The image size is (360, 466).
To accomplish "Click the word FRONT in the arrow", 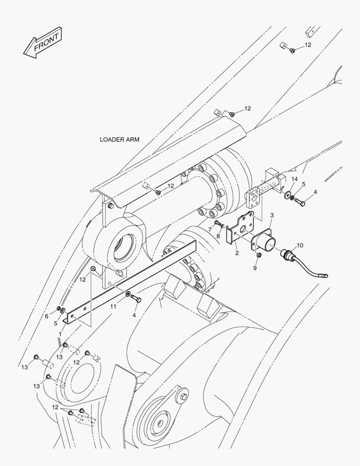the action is click(46, 42).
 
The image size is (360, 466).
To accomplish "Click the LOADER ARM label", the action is click(119, 139).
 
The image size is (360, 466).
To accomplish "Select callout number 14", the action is click(294, 179).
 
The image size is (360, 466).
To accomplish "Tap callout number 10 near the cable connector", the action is click(300, 245).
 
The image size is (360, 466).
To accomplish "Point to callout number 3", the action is click(272, 215).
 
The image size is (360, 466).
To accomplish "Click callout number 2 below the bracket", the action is click(237, 253).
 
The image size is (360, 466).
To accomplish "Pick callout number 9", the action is click(255, 268).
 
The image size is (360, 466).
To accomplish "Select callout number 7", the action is click(210, 230).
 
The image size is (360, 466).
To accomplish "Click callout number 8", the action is click(218, 236).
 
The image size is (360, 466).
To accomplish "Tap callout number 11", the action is click(113, 306).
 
